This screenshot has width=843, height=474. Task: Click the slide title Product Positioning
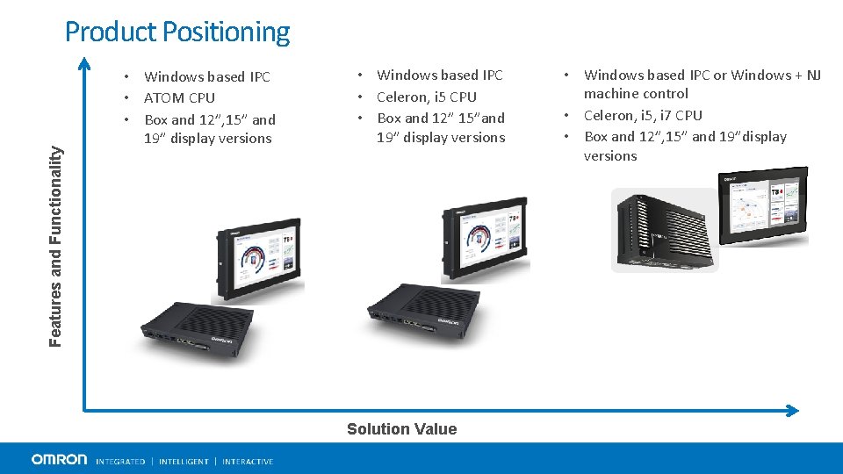tap(177, 32)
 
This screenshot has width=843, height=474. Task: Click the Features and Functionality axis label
tap(56, 245)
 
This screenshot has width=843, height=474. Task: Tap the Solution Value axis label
tap(401, 429)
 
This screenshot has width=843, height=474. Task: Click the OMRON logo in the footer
tap(59, 459)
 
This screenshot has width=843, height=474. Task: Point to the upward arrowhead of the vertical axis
tap(83, 62)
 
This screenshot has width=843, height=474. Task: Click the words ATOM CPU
tap(179, 97)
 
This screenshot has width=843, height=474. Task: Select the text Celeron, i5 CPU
tap(427, 97)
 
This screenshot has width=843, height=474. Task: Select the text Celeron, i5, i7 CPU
tap(643, 115)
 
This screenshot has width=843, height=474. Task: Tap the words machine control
tap(636, 93)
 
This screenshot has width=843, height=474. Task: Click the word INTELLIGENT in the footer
tap(184, 462)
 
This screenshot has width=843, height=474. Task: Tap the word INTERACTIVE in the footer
tap(248, 462)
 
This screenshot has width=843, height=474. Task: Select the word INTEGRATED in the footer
tap(120, 462)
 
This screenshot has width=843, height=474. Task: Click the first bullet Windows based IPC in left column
tap(207, 76)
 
